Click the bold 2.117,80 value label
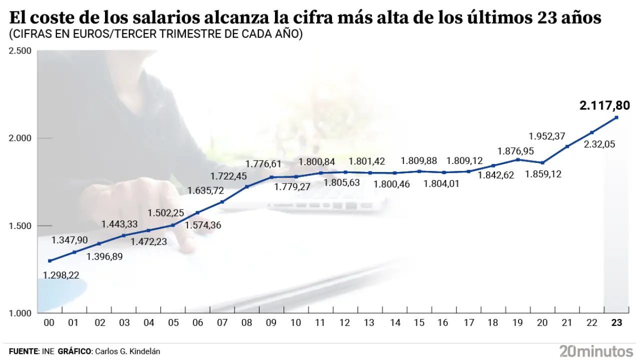tap(605, 105)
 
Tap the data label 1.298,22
tap(61, 274)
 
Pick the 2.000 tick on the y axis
tap(21, 138)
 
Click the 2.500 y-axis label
tap(21, 51)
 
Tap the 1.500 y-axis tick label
tap(21, 226)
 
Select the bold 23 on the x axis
tap(616, 323)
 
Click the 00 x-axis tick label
tap(49, 323)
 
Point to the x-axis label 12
tap(345, 323)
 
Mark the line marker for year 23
tap(616, 117)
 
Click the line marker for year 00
tap(49, 261)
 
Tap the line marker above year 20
tap(542, 162)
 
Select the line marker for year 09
tap(271, 177)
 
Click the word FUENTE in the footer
tap(23, 351)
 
